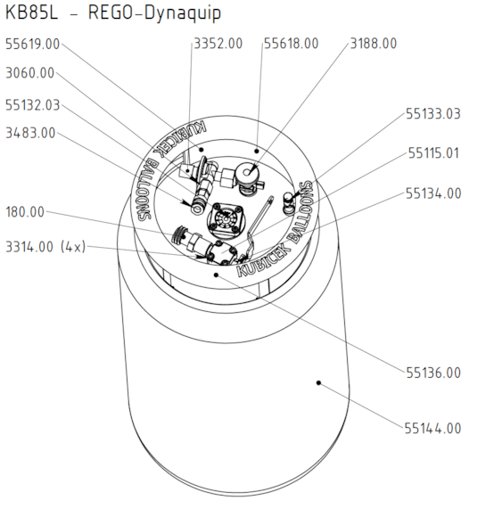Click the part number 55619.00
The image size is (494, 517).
pos(33,43)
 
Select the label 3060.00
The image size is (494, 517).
pos(29,73)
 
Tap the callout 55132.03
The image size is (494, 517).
pos(33,104)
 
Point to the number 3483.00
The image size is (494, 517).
pos(29,133)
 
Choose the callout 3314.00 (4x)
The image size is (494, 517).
pos(45,247)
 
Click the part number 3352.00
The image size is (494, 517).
pos(218,43)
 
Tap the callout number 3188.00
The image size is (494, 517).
pos(374,43)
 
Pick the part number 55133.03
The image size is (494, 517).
pos(433,113)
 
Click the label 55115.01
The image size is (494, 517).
pos(433,153)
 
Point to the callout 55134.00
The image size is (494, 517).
pos(433,193)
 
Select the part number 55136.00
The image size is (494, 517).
pos(433,372)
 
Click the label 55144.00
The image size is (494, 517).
pos(433,429)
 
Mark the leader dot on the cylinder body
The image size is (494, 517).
pos(318,383)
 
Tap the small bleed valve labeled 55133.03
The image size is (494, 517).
pos(288,200)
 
